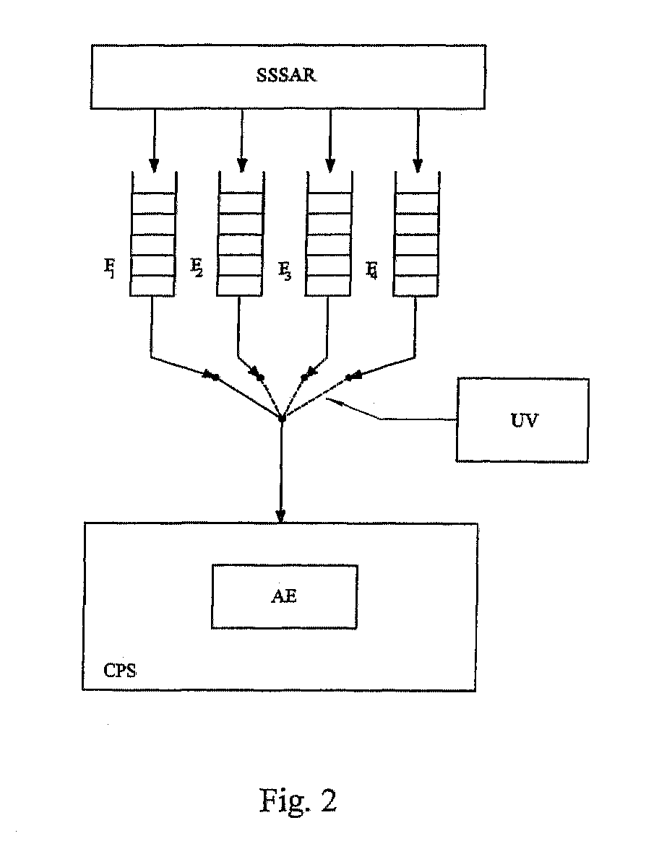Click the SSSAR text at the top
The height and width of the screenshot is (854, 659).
coord(285,74)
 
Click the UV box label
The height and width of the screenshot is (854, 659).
coord(525,420)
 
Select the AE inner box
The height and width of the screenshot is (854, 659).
coord(284,596)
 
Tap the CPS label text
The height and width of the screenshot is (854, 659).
coord(120,670)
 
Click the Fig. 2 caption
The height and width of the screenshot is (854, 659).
coord(298,801)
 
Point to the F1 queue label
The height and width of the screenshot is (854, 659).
coord(110,268)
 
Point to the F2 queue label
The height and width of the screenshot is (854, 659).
coord(197,267)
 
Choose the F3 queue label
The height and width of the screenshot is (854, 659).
coord(285,270)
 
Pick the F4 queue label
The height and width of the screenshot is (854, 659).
coord(371,269)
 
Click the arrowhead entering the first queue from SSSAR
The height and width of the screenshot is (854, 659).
coord(154,165)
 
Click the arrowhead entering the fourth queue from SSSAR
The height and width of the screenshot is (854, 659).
coord(418,165)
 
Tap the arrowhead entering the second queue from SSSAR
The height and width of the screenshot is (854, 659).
coord(242,165)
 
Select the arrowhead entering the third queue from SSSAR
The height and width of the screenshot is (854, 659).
coord(329,165)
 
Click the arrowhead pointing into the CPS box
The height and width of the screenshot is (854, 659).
coord(280,515)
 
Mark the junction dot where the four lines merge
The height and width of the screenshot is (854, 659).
coord(281,418)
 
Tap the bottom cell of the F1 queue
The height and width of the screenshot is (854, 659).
coord(152,285)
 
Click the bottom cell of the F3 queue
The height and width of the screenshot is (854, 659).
coord(327,285)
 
